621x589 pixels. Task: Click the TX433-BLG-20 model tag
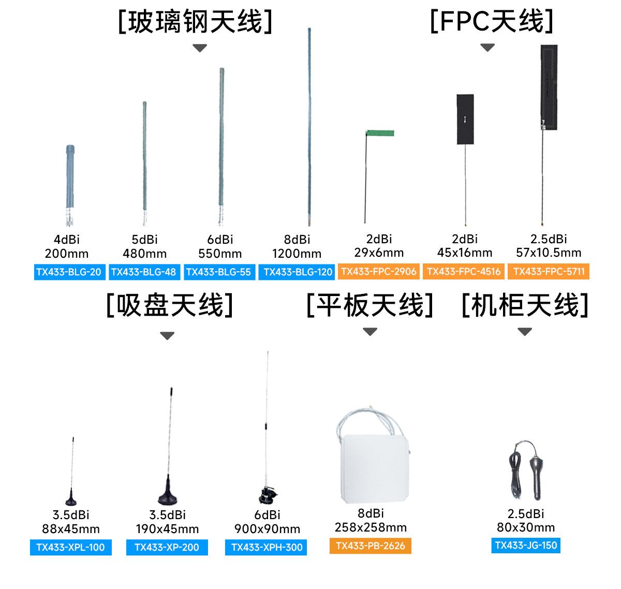point(69,272)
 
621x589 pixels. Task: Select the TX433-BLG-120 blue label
point(298,272)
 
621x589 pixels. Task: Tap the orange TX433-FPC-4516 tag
point(464,272)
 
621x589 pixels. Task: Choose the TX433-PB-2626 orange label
point(370,546)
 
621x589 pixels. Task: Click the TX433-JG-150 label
point(526,546)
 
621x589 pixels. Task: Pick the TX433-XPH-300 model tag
point(267,548)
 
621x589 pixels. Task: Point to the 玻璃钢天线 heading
point(196,22)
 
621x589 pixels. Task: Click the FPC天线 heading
point(492,22)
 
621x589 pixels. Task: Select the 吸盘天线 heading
point(170,305)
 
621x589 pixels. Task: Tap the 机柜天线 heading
point(525,305)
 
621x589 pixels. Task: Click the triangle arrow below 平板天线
point(370,332)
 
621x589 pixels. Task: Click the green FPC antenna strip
point(380,134)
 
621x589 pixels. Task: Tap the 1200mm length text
point(297,254)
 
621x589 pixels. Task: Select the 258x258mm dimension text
point(371,527)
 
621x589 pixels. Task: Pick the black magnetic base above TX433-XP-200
point(167,494)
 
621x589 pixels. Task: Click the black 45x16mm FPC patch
point(465,119)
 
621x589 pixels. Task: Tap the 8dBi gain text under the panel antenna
point(371,513)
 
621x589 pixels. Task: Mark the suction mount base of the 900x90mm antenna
point(268,495)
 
